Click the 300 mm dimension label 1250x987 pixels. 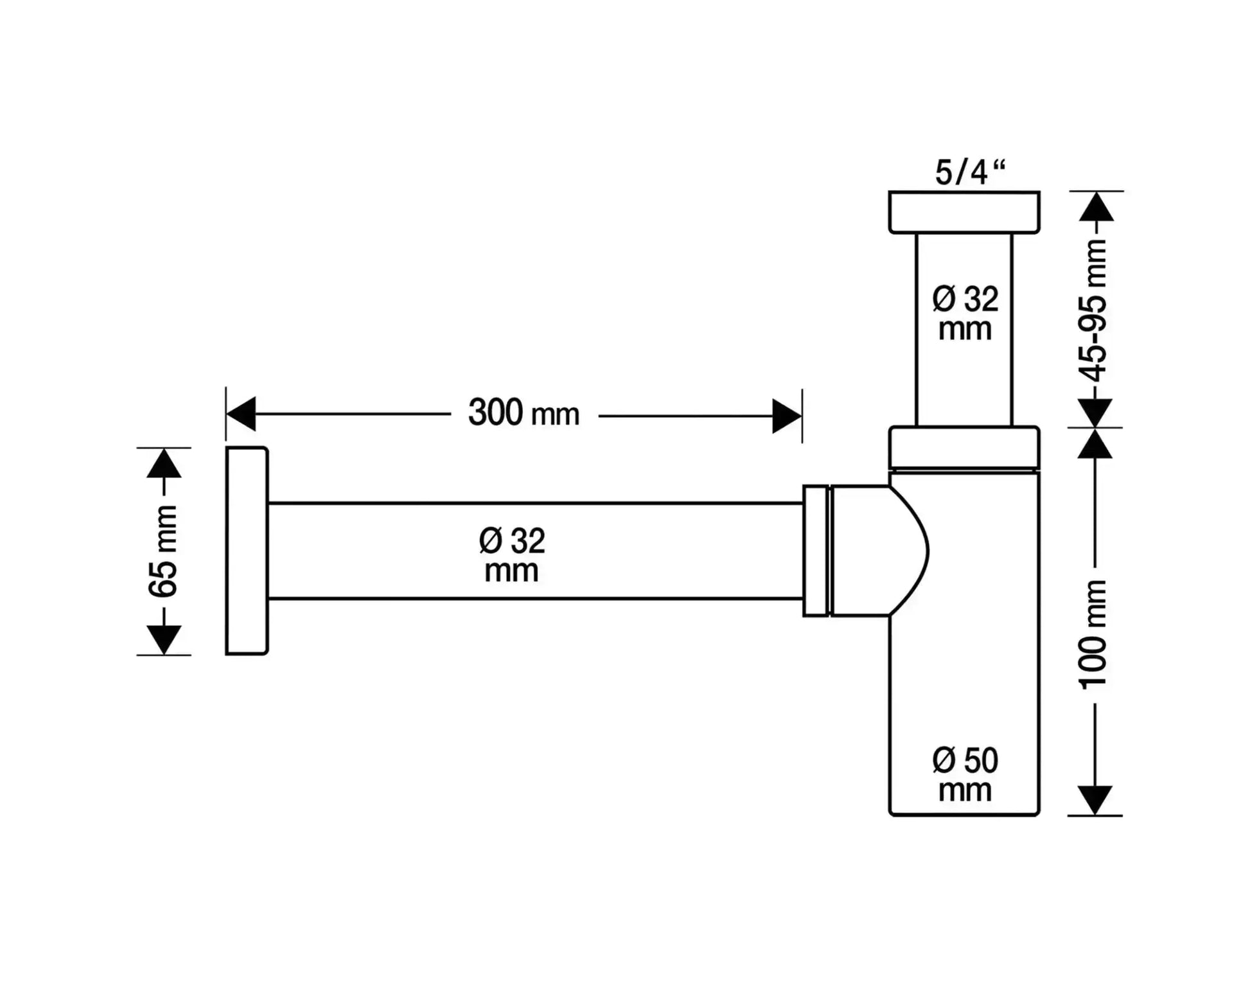tap(524, 413)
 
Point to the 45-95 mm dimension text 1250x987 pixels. tap(1094, 310)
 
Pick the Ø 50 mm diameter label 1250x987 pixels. tap(965, 775)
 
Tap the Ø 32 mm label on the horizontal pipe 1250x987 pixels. tap(512, 555)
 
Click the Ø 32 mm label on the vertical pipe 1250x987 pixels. tap(965, 314)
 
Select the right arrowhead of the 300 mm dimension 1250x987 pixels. tap(786, 416)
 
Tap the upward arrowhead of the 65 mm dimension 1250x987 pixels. tap(164, 463)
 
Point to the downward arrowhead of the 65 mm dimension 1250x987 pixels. tap(164, 639)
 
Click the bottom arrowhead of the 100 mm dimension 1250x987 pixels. tap(1094, 800)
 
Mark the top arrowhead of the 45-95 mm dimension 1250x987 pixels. tap(1096, 207)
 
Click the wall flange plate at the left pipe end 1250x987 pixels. tap(247, 551)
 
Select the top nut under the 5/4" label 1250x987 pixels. tap(964, 212)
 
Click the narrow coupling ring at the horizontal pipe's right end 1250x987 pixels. tap(816, 551)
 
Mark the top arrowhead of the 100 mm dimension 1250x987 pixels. tap(1095, 443)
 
